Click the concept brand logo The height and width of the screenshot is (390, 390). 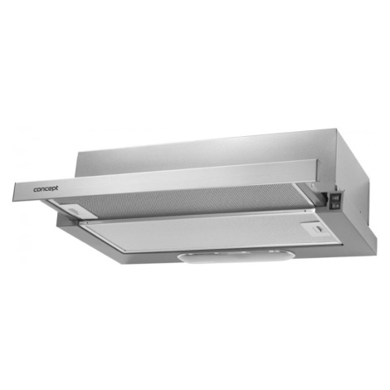pyautogui.click(x=46, y=189)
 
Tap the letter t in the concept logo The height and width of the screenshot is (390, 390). pyautogui.click(x=57, y=188)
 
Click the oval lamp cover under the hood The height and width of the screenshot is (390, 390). pyautogui.click(x=235, y=256)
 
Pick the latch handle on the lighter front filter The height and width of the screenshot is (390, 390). pyautogui.click(x=316, y=229)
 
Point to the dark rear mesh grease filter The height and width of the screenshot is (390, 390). pyautogui.click(x=177, y=198)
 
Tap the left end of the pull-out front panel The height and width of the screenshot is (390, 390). pyautogui.click(x=14, y=193)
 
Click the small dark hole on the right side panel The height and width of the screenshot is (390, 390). pyautogui.click(x=360, y=212)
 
